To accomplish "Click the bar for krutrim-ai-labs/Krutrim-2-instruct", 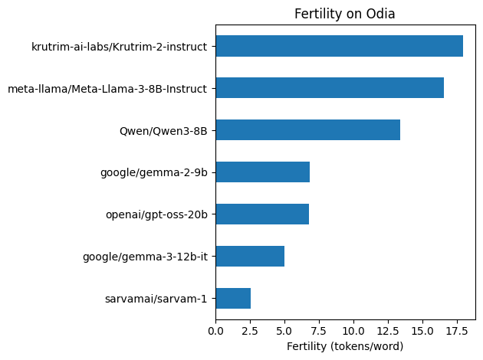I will pos(339,46).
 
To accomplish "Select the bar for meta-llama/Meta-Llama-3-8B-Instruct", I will pos(330,88).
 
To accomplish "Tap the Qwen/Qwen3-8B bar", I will pos(307,130).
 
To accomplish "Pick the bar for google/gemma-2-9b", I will pos(262,172).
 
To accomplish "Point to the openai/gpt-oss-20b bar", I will pos(262,214).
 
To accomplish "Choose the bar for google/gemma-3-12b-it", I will pos(250,256).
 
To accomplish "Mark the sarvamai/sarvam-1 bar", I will pos(233,298).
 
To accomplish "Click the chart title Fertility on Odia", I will pos(345,14).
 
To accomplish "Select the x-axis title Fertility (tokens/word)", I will pos(345,346).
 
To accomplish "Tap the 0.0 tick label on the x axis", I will pos(215,331).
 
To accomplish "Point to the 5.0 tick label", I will pos(284,331).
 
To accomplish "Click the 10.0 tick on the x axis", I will pos(353,331).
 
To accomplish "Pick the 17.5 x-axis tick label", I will pos(457,331).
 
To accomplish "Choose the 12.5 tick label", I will pos(388,331).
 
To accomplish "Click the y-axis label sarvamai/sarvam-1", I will pos(156,299).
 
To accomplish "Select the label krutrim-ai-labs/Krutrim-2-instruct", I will pos(119,47).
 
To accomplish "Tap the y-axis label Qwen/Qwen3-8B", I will pos(163,131).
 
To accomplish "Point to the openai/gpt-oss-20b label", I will pos(156,214).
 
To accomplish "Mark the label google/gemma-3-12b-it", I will pos(145,257).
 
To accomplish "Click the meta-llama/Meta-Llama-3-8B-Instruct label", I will pos(107,89).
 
